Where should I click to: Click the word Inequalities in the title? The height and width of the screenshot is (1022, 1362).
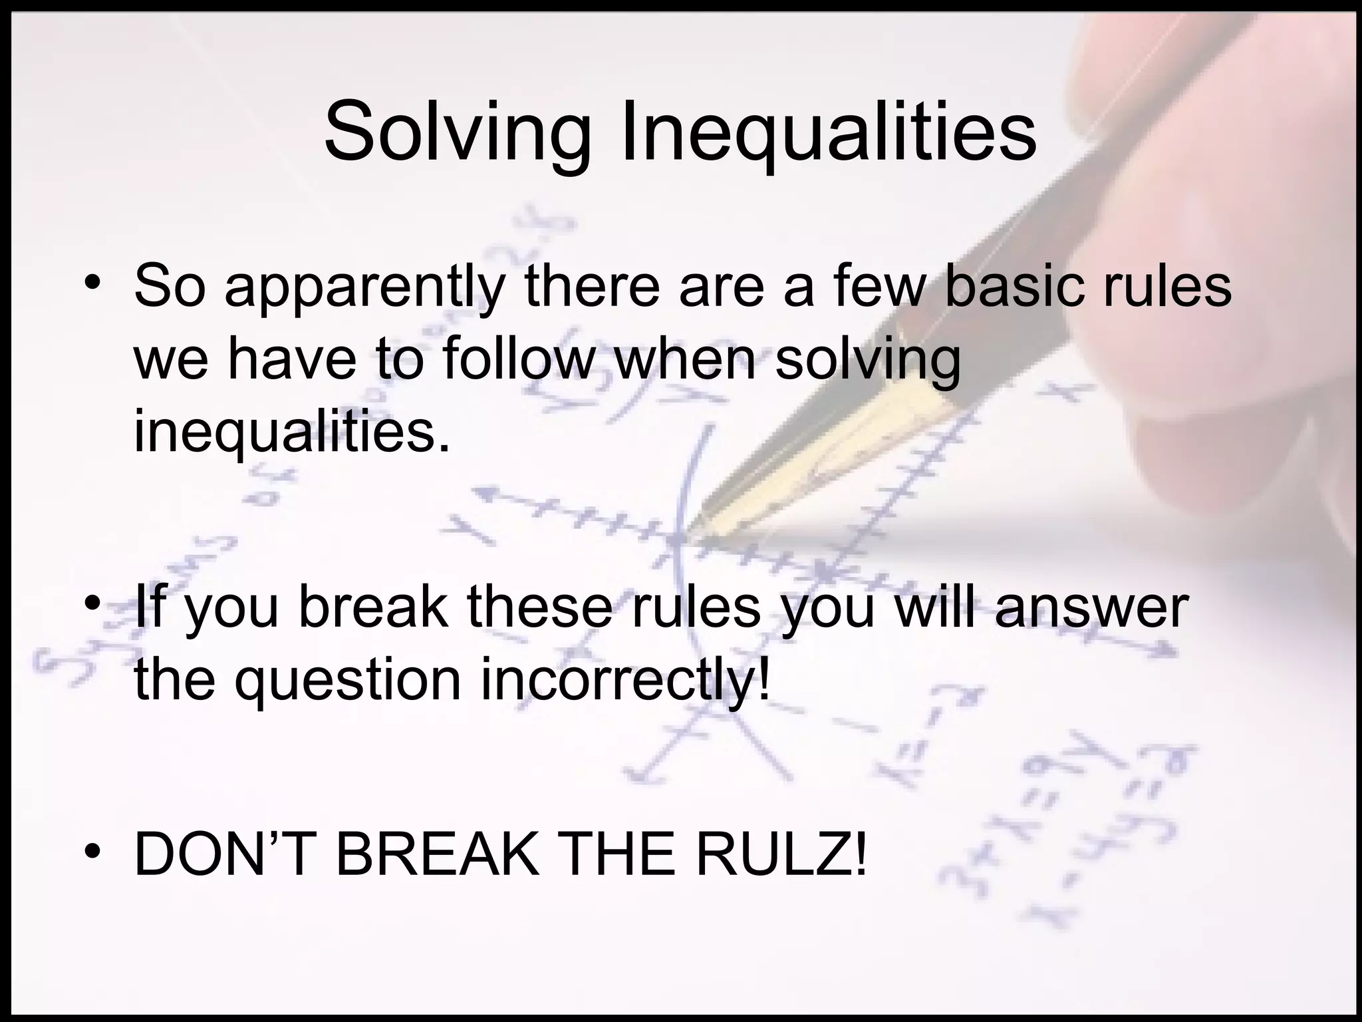point(827,133)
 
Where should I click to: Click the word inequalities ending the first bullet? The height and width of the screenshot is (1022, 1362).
point(291,432)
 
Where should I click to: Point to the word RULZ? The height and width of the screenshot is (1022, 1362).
point(781,855)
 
